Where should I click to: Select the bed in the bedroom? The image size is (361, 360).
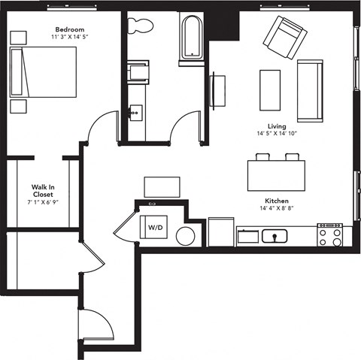coord(42,71)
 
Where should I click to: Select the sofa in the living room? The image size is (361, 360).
coord(309,90)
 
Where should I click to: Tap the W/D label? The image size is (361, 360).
coord(156,227)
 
